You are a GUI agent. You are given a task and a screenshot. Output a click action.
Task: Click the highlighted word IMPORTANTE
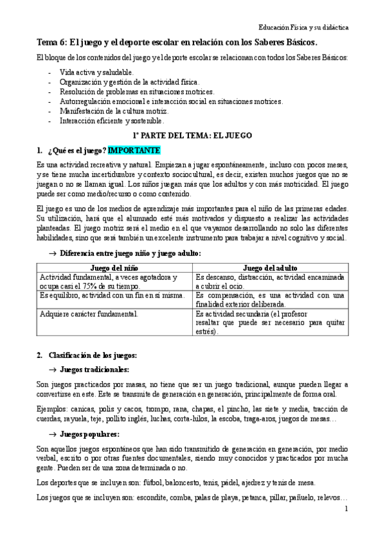(134, 151)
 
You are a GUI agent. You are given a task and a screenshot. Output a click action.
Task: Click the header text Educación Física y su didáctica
(303, 28)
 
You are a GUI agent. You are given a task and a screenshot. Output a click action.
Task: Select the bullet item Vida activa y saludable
(96, 72)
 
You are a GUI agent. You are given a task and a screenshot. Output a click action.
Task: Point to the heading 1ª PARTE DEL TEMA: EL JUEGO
(192, 135)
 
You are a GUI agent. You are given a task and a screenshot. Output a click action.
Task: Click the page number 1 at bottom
(346, 509)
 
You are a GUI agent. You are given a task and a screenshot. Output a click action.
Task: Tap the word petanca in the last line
(238, 497)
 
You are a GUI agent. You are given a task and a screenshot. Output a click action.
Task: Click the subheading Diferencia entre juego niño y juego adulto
(130, 253)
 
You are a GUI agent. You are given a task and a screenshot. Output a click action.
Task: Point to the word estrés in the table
(206, 332)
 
